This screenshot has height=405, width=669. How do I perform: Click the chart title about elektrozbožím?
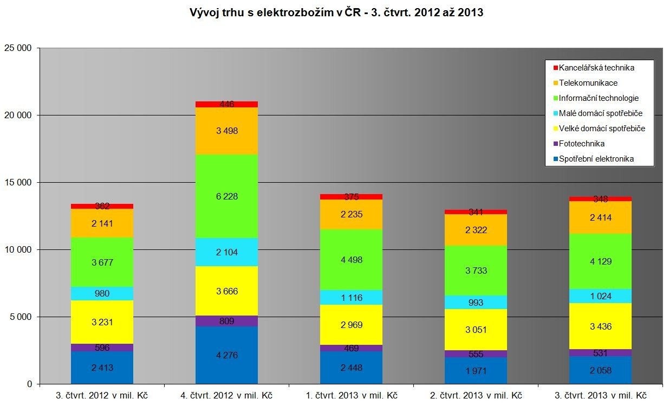pyautogui.click(x=336, y=12)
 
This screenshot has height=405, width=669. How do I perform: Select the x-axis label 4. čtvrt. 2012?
pyautogui.click(x=226, y=395)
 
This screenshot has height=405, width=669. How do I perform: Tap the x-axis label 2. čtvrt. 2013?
pyautogui.click(x=476, y=395)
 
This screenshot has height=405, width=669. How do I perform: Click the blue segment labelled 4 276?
pyautogui.click(x=226, y=355)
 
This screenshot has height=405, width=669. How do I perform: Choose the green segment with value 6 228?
pyautogui.click(x=226, y=196)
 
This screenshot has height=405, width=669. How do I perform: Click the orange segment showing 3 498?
pyautogui.click(x=226, y=131)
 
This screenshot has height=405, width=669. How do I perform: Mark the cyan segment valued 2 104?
pyautogui.click(x=226, y=252)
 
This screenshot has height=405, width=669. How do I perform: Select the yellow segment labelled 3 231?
pyautogui.click(x=102, y=322)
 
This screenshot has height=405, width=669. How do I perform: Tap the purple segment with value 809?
pyautogui.click(x=226, y=321)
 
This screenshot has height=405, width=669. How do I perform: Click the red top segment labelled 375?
pyautogui.click(x=351, y=197)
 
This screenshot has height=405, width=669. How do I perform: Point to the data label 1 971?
pyautogui.click(x=476, y=370)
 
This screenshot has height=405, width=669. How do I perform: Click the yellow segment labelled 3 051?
pyautogui.click(x=476, y=330)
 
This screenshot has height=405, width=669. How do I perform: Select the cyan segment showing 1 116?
pyautogui.click(x=351, y=298)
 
